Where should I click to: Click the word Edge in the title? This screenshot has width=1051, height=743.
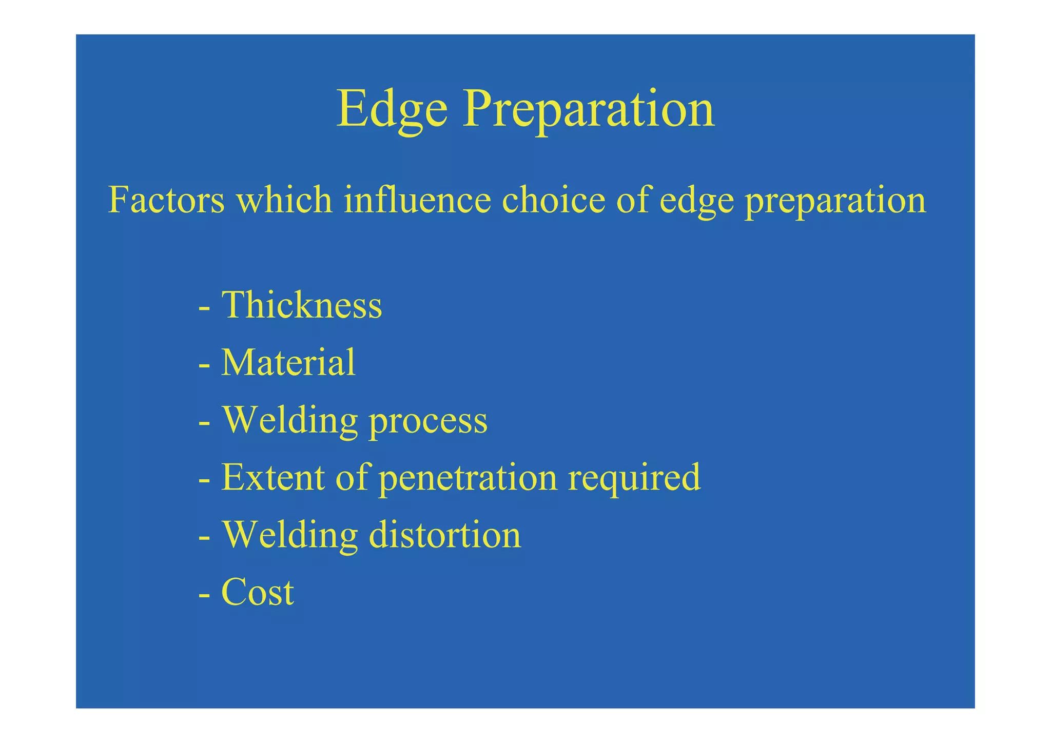pos(392,109)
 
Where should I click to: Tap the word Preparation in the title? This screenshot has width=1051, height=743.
pos(588,109)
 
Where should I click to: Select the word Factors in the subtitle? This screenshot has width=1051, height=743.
pos(166,200)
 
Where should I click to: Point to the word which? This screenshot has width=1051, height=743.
pos(284,200)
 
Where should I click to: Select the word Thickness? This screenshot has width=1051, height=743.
pos(302,305)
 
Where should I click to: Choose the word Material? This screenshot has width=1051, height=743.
pos(288,363)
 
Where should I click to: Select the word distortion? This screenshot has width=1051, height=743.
pos(445,535)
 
